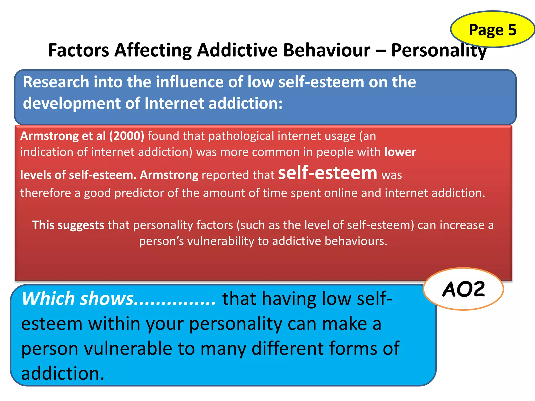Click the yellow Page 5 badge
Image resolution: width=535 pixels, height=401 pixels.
point(493,30)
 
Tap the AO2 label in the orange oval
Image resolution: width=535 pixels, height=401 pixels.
point(463,289)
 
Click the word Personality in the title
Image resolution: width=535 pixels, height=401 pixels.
point(439,50)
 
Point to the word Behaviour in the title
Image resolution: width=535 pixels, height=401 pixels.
point(327,50)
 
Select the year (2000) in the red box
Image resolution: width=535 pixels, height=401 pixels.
point(127,136)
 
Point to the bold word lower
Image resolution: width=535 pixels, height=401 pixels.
point(400,152)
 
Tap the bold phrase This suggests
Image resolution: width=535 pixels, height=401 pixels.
point(68,225)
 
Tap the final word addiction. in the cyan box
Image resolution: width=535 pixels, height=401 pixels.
point(63,373)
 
